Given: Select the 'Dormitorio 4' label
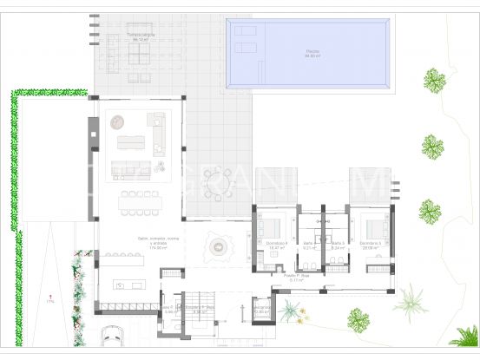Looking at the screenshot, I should tap(276, 244).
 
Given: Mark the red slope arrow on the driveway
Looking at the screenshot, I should tap(51, 296).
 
